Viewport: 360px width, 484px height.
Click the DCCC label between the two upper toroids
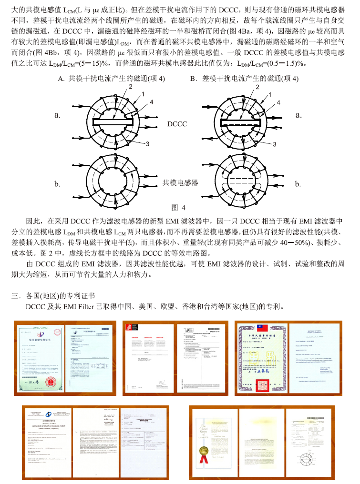click(177, 124)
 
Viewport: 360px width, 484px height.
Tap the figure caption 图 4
click(178, 207)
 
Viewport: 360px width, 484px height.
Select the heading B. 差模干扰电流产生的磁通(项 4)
click(244, 79)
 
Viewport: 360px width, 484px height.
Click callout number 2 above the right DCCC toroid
click(258, 87)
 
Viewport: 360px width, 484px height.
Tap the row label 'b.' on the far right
click(298, 184)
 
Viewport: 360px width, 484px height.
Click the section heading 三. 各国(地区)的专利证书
click(53, 295)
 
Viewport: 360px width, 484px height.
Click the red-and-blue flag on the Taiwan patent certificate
click(260, 328)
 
